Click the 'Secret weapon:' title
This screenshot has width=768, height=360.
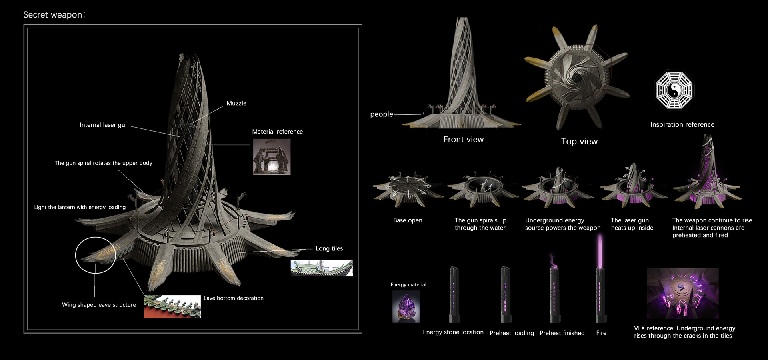pyautogui.click(x=54, y=15)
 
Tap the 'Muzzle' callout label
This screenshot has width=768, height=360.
pyautogui.click(x=236, y=103)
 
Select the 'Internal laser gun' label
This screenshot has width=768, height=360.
pyautogui.click(x=104, y=125)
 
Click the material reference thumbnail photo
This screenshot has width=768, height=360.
pyautogui.click(x=272, y=157)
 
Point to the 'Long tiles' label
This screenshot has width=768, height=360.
pyautogui.click(x=329, y=248)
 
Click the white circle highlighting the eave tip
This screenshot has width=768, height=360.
pyautogui.click(x=95, y=255)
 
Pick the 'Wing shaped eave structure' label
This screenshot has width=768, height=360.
pyautogui.click(x=99, y=305)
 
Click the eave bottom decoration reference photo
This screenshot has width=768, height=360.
pyautogui.click(x=172, y=306)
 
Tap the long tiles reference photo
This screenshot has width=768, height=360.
pyautogui.click(x=322, y=268)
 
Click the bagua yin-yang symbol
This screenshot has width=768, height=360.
pyautogui.click(x=674, y=90)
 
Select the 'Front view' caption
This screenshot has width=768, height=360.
pyautogui.click(x=463, y=139)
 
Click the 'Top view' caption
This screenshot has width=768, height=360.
pyautogui.click(x=579, y=141)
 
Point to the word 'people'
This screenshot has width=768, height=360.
pyautogui.click(x=382, y=114)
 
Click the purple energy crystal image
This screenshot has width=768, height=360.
pyautogui.click(x=406, y=306)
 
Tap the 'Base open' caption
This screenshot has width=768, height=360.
pyautogui.click(x=408, y=220)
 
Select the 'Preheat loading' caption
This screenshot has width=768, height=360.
pyautogui.click(x=512, y=333)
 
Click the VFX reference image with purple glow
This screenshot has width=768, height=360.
pyautogui.click(x=682, y=293)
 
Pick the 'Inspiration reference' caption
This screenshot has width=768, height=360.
pyautogui.click(x=682, y=124)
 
